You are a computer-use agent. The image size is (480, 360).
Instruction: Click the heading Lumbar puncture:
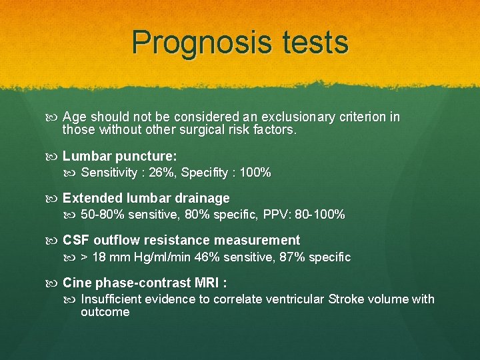point(119,157)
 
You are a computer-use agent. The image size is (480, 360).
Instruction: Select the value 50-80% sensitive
point(119,215)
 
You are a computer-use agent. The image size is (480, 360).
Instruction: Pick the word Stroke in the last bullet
point(345,299)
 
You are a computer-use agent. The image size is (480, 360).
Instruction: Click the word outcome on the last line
point(105,312)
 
